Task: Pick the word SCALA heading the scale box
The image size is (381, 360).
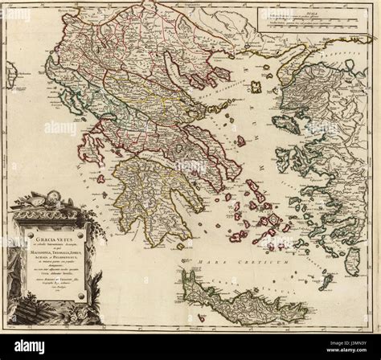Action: tap(310, 9)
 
